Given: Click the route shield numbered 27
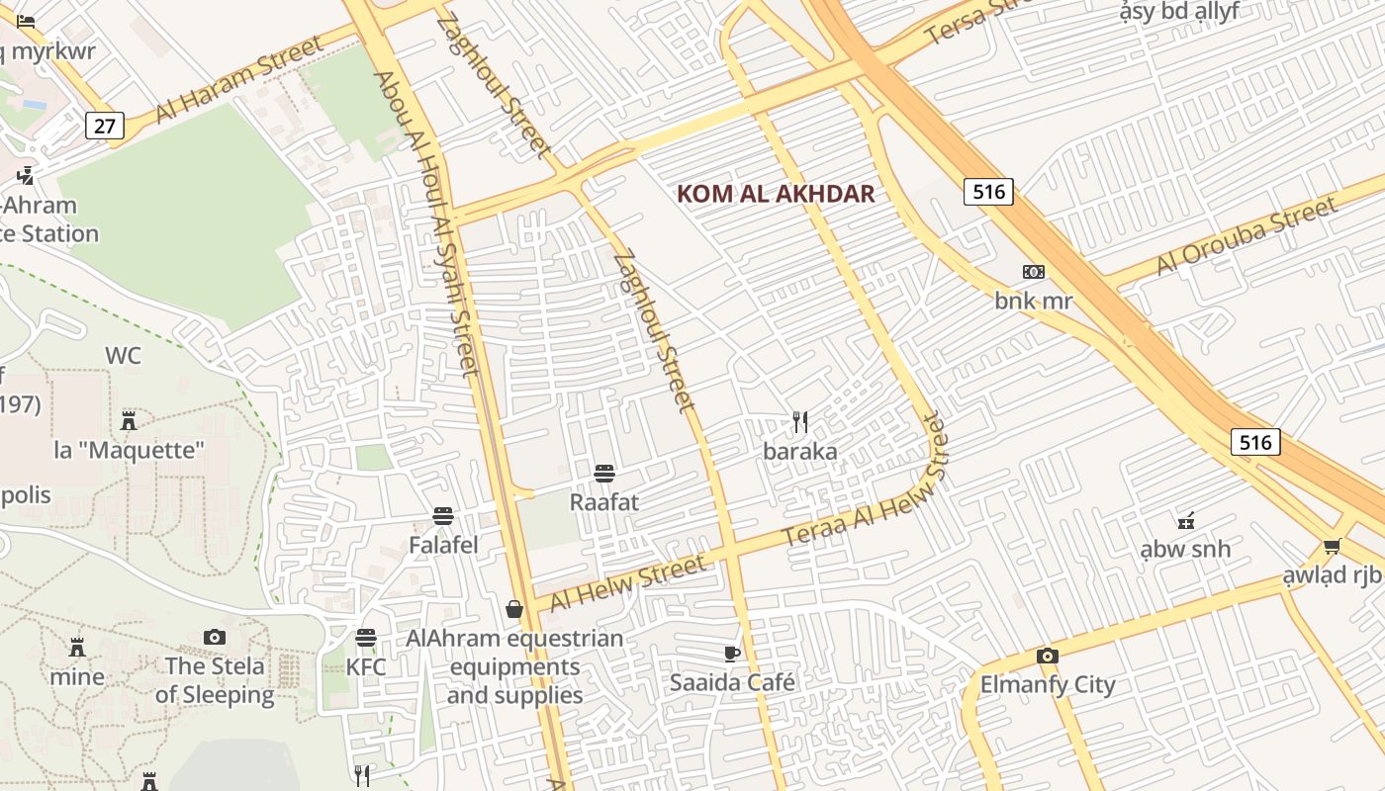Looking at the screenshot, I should click(x=104, y=126).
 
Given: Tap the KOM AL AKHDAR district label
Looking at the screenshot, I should click(x=776, y=194).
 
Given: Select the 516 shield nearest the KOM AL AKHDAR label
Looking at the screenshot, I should click(x=988, y=192).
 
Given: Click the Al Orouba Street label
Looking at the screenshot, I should click(x=1246, y=238).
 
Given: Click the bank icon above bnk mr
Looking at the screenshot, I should click(x=1033, y=272).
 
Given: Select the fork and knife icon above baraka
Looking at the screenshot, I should click(x=800, y=423).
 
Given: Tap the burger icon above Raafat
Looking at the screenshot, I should click(x=604, y=474).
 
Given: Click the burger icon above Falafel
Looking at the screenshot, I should click(x=443, y=516).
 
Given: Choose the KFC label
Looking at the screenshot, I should click(x=366, y=666).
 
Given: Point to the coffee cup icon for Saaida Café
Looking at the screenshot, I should click(x=731, y=654).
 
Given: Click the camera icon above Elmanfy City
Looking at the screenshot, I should click(x=1047, y=656).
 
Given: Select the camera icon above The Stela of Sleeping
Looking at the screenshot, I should click(x=215, y=637).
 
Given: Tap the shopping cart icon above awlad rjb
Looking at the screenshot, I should click(x=1332, y=547).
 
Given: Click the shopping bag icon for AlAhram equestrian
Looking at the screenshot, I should click(x=514, y=609).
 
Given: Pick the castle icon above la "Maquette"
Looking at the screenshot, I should click(x=129, y=421).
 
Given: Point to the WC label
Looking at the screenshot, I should click(x=124, y=355).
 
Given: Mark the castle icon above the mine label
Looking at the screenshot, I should click(x=77, y=648).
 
